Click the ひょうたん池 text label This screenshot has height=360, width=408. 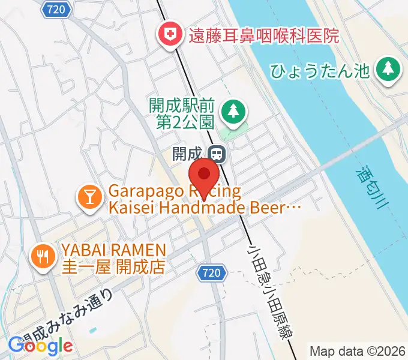[319, 71]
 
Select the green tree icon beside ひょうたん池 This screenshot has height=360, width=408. [388, 70]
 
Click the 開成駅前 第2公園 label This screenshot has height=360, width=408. [181, 114]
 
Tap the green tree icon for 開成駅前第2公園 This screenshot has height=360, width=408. [232, 110]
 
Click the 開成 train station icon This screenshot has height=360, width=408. [217, 154]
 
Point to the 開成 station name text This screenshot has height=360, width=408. [187, 154]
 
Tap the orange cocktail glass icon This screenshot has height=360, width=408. [89, 199]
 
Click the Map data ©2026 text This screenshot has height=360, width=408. [358, 351]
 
